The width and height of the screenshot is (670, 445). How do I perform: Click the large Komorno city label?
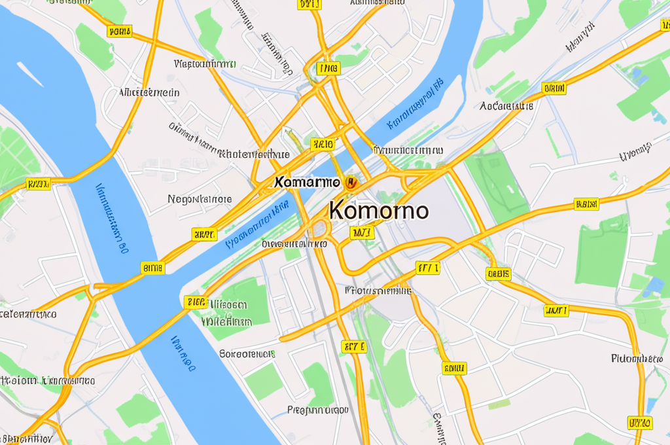(379, 211)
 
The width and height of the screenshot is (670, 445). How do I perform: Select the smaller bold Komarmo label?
(308, 182)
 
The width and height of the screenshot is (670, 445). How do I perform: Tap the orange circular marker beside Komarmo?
(351, 183)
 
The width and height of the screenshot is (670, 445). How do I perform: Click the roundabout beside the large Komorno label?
(320, 228)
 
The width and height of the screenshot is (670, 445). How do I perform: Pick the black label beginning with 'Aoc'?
(506, 105)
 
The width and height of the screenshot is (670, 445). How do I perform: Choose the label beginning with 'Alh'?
(149, 93)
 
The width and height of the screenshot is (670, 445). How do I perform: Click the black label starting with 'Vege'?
(205, 64)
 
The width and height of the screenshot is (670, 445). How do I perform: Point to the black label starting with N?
(200, 199)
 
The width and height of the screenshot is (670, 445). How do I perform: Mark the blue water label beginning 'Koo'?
(415, 105)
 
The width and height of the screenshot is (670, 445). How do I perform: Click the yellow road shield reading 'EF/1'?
(428, 268)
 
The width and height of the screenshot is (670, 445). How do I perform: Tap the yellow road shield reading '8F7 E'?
(354, 346)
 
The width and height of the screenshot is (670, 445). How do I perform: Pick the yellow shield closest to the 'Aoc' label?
(554, 88)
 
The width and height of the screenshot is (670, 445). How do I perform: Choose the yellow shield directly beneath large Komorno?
(362, 232)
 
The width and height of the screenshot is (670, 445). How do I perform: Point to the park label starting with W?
(226, 322)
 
